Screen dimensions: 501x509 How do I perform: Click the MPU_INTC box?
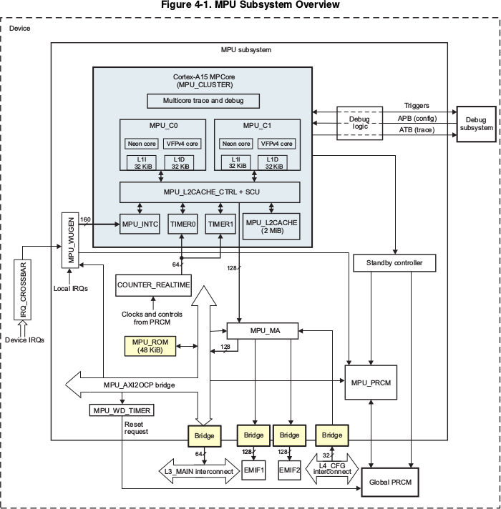[x=140, y=224]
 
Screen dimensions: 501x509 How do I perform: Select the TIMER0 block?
[x=183, y=224]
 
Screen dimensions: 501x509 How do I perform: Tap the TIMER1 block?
[x=220, y=224]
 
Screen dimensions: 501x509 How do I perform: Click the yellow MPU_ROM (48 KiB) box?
[x=150, y=346]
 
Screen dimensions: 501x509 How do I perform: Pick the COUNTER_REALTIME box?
[x=153, y=285]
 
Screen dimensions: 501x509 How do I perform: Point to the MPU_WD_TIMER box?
[x=122, y=410]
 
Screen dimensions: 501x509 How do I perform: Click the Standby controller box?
[x=394, y=263]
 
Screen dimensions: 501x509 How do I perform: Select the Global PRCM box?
[x=390, y=482]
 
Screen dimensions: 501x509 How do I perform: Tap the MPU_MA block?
[x=263, y=331]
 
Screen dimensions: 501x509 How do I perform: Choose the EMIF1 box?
[x=254, y=470]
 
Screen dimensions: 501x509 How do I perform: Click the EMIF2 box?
[x=289, y=470]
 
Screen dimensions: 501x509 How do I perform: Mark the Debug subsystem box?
[x=476, y=124]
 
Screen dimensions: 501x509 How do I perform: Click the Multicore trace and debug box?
[x=203, y=101]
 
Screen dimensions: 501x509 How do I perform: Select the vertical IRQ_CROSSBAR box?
[x=23, y=290]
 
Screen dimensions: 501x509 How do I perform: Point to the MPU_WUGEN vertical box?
[x=71, y=240]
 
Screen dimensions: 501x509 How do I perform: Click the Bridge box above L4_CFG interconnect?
[x=332, y=435]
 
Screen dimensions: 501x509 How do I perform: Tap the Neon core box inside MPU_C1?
[x=236, y=144]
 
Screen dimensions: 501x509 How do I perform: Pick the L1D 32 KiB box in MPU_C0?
[x=180, y=162]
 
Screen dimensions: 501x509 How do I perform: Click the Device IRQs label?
[x=25, y=340]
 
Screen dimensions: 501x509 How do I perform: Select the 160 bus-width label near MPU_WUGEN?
[x=85, y=219]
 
